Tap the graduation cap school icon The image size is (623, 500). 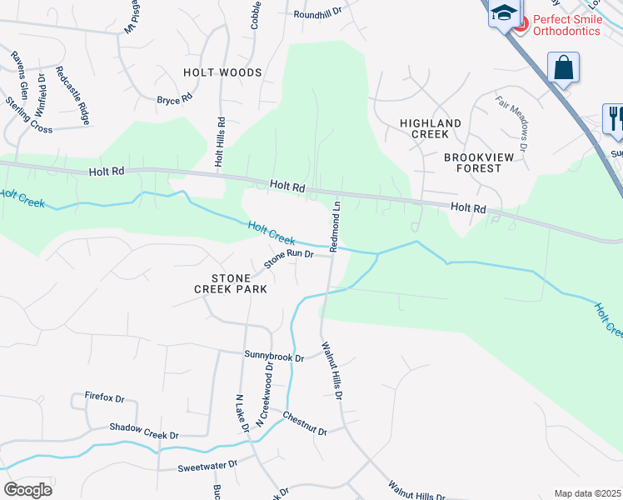tap(503, 12)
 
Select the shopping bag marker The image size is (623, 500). tap(564, 67)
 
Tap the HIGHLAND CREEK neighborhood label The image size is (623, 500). tap(430, 129)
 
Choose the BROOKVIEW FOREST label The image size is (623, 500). tap(473, 162)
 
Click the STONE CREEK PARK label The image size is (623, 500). tap(231, 283)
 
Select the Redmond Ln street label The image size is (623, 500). tap(335, 226)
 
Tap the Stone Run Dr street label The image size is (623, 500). tap(288, 258)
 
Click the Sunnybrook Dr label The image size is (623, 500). tap(274, 356)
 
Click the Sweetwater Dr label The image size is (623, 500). tap(207, 465)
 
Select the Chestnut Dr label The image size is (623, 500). tap(305, 423)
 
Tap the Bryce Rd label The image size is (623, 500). tap(175, 99)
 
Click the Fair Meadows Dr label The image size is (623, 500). tap(512, 122)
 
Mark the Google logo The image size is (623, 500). tap(27, 489)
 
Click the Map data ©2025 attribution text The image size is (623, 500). tap(587, 493)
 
